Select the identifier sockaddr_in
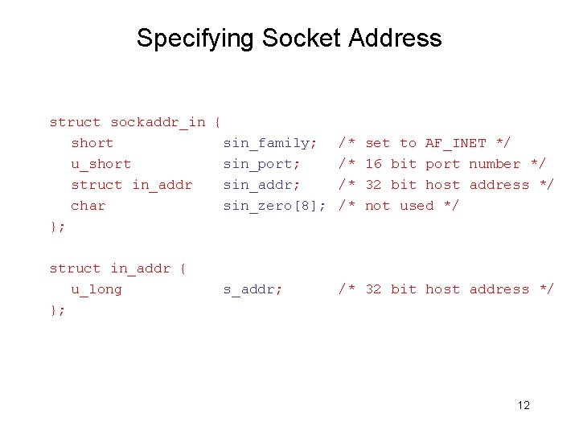[158, 122]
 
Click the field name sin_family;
[270, 143]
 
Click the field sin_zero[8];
[274, 206]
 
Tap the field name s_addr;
[253, 289]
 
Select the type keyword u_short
[101, 164]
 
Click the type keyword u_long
[96, 289]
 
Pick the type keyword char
[88, 206]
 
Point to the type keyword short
[92, 143]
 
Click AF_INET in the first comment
[456, 143]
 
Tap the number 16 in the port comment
[374, 164]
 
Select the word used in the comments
[417, 206]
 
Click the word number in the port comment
[495, 164]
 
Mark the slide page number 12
[524, 405]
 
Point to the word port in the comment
[443, 164]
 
